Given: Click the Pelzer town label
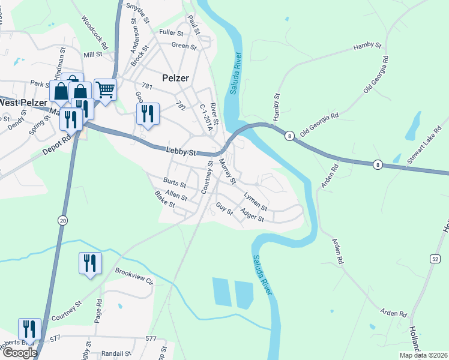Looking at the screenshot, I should pyautogui.click(x=175, y=78).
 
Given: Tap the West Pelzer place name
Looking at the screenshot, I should pyautogui.click(x=24, y=103).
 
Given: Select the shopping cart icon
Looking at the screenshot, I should pyautogui.click(x=105, y=90).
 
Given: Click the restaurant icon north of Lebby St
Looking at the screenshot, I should pyautogui.click(x=148, y=113).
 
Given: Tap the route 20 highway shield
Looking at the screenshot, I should pyautogui.click(x=62, y=220).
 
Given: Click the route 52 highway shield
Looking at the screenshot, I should pyautogui.click(x=435, y=258).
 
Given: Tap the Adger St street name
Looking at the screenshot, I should pyautogui.click(x=252, y=215).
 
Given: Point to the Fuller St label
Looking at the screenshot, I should pyautogui.click(x=170, y=32).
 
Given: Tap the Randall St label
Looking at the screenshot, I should pyautogui.click(x=116, y=354).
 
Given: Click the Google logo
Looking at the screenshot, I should pyautogui.click(x=19, y=353).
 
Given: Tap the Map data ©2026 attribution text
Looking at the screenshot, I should pyautogui.click(x=423, y=355).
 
